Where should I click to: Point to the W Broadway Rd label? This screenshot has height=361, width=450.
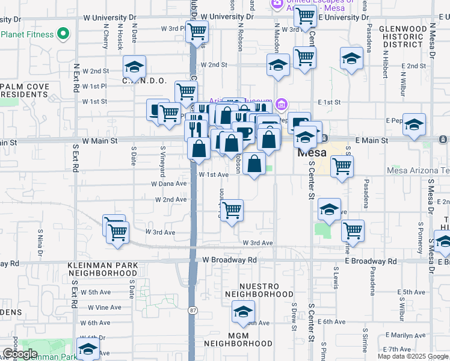tap(229, 260)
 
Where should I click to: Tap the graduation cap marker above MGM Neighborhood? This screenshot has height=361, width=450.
tap(243, 312)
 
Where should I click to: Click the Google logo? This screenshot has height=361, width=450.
tap(20, 354)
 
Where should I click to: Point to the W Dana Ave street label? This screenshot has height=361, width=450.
tap(168, 184)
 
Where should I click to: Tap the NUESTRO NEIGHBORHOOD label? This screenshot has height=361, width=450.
tap(259, 290)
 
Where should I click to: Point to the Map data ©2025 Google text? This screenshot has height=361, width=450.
tap(413, 356)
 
